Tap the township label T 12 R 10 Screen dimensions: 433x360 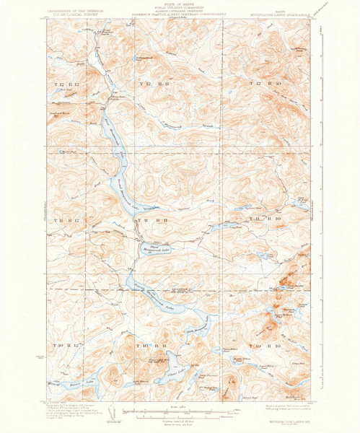point(261,86)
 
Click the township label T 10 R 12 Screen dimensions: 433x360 point(64,346)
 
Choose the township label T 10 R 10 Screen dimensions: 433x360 point(261,346)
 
